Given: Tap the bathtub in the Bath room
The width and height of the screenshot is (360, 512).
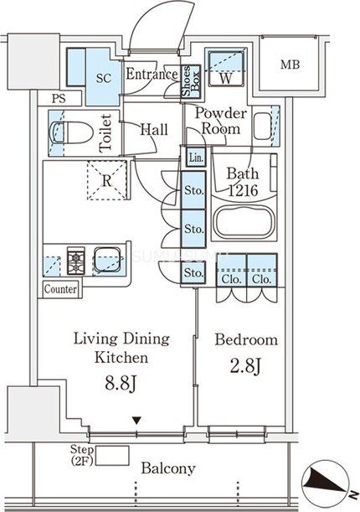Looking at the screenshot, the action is pyautogui.click(x=244, y=222).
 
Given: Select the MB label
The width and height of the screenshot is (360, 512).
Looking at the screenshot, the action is pyautogui.click(x=290, y=65).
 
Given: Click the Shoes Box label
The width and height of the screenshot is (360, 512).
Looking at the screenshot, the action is pyautogui.click(x=191, y=81).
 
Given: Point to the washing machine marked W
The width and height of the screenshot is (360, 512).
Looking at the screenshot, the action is pyautogui.click(x=226, y=68).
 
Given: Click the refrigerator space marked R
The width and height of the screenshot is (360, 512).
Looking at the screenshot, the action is pyautogui.click(x=106, y=180).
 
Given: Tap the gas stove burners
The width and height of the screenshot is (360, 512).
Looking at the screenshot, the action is pyautogui.click(x=76, y=261).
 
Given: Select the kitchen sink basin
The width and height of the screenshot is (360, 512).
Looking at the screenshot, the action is pyautogui.click(x=107, y=260).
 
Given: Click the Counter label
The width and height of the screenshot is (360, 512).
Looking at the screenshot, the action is pyautogui.click(x=60, y=289).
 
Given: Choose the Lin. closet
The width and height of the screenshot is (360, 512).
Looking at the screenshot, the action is pyautogui.click(x=196, y=158).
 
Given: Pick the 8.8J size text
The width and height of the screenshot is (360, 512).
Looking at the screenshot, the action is pyautogui.click(x=121, y=383).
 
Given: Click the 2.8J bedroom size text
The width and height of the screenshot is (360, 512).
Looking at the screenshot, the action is pyautogui.click(x=245, y=366).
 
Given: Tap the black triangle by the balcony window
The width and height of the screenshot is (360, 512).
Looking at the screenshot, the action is pyautogui.click(x=136, y=421).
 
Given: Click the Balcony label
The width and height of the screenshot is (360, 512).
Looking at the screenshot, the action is pyautogui.click(x=168, y=469).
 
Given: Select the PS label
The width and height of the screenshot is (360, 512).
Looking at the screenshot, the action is pyautogui.click(x=59, y=99).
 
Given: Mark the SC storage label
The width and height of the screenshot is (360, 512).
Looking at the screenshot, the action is pyautogui.click(x=104, y=79).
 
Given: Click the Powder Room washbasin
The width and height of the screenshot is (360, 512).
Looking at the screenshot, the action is pyautogui.click(x=262, y=126).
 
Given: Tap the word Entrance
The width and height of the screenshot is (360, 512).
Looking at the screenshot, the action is pyautogui.click(x=152, y=74).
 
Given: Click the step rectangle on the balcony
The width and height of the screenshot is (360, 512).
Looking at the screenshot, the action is pyautogui.click(x=112, y=456).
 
